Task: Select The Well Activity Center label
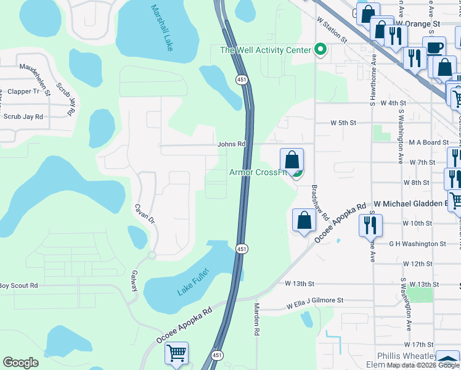(266, 49)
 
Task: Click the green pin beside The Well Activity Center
(320, 49)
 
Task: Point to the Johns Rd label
(231, 144)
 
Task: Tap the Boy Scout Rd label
(18, 286)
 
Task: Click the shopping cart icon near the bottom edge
(176, 354)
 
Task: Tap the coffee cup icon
(434, 47)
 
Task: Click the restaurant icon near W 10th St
(370, 224)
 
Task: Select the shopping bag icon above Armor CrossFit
(292, 160)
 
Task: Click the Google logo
(21, 363)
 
